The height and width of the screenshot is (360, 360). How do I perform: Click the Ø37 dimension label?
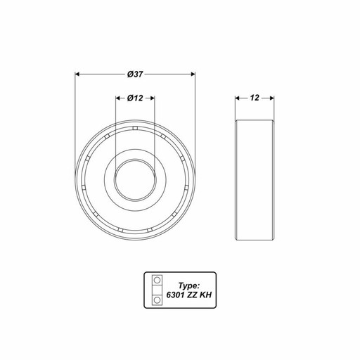point(135,75)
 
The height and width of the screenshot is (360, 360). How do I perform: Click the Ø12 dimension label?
point(135,98)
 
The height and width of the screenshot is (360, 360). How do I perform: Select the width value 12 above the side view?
point(255,98)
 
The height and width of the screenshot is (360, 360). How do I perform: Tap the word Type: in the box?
point(188,285)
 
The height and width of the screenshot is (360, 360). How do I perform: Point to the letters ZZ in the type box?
point(192,295)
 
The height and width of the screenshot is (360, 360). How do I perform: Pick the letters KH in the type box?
point(205,295)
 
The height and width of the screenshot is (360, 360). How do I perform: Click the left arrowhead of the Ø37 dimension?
point(77,75)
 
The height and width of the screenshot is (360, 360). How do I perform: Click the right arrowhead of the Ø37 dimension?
point(193,75)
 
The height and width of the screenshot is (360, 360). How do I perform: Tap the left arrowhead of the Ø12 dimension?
point(118,98)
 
